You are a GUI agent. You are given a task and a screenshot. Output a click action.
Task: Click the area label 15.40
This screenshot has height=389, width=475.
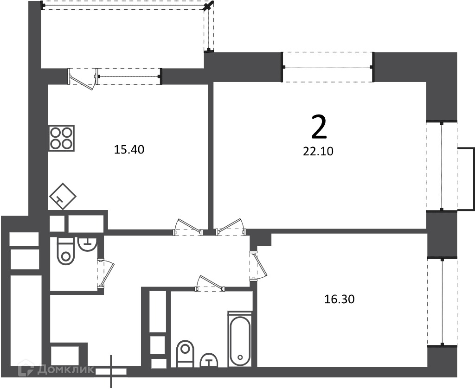point(129,150)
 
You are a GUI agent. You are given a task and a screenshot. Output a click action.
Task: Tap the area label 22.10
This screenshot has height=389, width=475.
point(318,151)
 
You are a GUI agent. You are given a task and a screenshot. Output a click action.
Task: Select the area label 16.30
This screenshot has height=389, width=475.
point(339,299)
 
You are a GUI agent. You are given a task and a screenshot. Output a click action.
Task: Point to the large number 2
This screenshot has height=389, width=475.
point(319,128)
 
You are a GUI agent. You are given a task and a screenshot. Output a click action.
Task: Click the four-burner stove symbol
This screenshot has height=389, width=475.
point(62,138)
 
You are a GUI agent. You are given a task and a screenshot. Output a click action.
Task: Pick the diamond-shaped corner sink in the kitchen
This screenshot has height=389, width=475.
point(63,196)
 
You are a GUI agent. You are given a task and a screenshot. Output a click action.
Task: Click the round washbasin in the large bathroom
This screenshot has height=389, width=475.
point(209,360)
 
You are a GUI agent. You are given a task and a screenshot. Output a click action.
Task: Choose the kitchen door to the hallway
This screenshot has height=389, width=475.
point(188,227)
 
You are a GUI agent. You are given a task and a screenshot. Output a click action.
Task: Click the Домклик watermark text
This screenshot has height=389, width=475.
point(65,370)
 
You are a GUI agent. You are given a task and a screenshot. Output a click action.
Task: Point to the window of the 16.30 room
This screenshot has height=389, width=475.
point(442,302)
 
